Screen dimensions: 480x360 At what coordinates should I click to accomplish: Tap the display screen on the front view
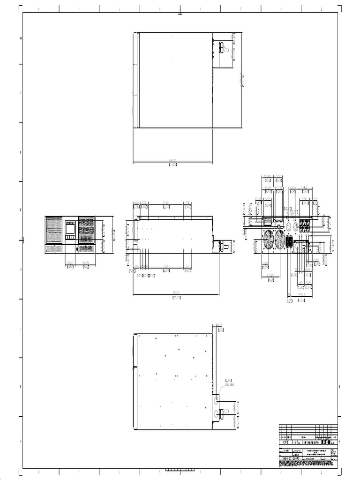70,228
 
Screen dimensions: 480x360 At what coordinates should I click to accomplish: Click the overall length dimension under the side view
176,292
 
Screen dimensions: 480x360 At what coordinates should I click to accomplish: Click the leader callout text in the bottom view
229,382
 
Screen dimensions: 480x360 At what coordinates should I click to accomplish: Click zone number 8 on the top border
38,8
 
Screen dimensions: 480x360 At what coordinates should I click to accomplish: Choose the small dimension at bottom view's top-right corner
218,324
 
